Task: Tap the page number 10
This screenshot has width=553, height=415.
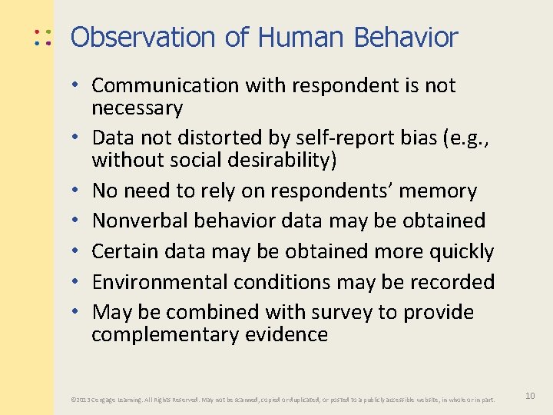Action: pyautogui.click(x=530, y=395)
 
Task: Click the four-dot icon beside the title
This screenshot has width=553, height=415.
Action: pyautogui.click(x=41, y=37)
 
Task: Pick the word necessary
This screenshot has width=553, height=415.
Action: pyautogui.click(x=137, y=108)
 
